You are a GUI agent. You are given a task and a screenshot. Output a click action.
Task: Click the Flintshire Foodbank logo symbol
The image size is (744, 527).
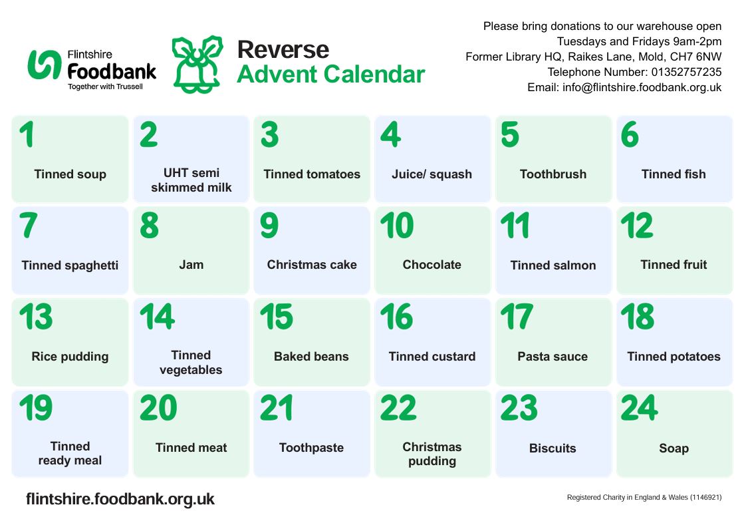tap(45, 65)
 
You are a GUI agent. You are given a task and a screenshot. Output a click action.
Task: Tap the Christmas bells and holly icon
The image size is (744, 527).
tap(197, 64)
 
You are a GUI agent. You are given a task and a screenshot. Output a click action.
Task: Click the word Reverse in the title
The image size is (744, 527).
tap(283, 49)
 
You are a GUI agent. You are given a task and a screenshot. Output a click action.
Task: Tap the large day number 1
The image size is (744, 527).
tap(26, 135)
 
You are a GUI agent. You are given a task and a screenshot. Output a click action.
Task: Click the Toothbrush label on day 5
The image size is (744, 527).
tap(553, 174)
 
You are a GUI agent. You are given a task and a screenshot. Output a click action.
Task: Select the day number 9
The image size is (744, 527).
tap(269, 226)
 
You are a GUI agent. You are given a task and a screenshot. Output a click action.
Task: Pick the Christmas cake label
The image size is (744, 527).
tap(311, 265)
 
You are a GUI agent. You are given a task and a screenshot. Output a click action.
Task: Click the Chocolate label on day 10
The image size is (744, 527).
tap(432, 265)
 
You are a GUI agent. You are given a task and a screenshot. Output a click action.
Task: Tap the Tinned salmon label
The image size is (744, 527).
tap(553, 265)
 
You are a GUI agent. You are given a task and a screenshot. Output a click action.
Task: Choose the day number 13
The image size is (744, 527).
tap(36, 317)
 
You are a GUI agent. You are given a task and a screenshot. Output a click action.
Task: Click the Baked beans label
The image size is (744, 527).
tap(311, 357)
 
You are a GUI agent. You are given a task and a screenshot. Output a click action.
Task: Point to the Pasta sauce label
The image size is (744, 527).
tap(553, 357)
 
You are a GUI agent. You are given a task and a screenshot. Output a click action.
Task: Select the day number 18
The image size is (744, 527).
tap(637, 317)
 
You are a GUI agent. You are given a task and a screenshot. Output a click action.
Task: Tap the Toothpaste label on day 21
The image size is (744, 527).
tap(311, 448)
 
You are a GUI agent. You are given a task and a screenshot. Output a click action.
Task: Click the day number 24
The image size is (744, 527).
tap(639, 409)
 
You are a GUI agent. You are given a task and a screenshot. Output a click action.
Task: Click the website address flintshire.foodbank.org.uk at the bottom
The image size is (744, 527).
tap(120, 499)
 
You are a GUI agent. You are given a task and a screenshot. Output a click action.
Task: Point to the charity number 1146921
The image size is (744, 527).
tap(705, 498)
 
